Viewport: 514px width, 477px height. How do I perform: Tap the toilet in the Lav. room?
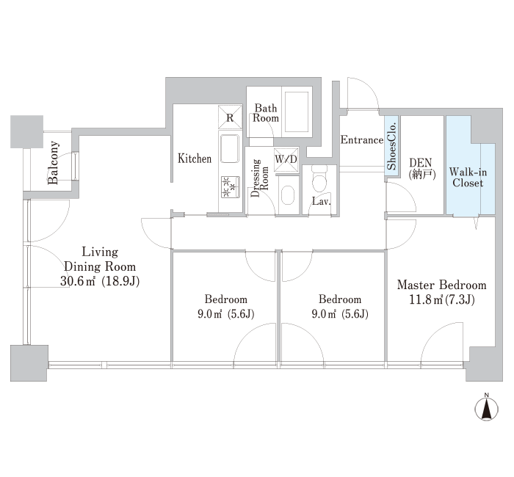[x=319, y=179]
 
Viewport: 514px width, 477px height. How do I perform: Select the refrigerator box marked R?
[x=230, y=117]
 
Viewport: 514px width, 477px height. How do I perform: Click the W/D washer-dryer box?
[x=286, y=159]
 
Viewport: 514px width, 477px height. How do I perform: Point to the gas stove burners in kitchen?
[x=231, y=187]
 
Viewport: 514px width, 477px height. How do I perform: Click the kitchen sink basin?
[x=229, y=149]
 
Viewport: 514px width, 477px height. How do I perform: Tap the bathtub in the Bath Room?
[x=297, y=112]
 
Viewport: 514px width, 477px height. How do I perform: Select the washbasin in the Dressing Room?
[x=288, y=195]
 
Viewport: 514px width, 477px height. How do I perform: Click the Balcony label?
[x=53, y=163]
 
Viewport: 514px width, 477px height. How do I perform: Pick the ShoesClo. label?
[x=391, y=146]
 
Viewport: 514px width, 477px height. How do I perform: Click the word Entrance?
[x=361, y=140]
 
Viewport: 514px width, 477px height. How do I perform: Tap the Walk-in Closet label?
[x=468, y=178]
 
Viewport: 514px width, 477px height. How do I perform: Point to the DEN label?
[x=421, y=163]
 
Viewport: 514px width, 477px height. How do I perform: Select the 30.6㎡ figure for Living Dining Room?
[x=78, y=281]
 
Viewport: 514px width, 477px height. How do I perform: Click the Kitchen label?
[x=195, y=159]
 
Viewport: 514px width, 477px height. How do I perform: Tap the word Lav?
[x=322, y=201]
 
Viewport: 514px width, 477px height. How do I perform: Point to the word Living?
[x=100, y=252]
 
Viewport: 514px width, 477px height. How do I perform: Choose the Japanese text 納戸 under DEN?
[x=422, y=175]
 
